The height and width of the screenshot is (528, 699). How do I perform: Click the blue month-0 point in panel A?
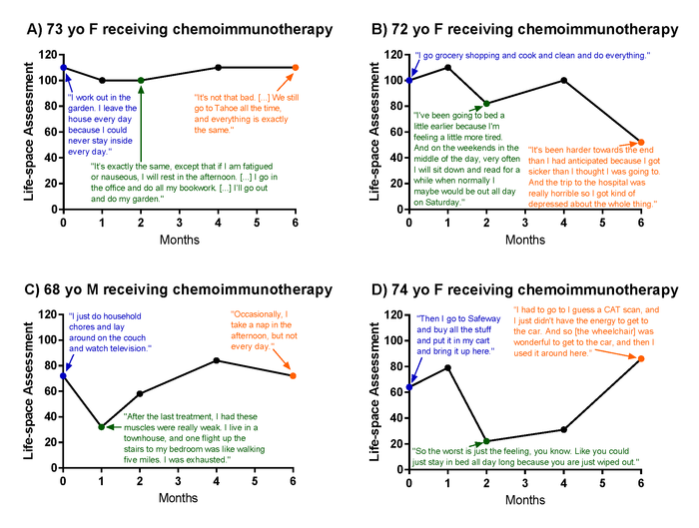63,68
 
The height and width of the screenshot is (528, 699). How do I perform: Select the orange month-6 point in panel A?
295,68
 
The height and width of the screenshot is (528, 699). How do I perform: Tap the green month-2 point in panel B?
486,103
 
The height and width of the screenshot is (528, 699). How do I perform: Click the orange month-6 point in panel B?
641,143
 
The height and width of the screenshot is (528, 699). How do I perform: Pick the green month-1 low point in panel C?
102,426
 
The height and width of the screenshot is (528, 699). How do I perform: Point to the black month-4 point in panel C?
218,360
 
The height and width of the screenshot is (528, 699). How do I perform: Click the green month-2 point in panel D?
486,441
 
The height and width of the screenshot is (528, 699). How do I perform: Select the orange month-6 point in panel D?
641,358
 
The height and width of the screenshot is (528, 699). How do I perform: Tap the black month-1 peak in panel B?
447,68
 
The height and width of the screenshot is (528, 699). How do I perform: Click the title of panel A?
179,30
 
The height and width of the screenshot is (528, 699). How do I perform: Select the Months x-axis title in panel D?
524,498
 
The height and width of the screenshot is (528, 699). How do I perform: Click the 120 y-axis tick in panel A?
46,55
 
